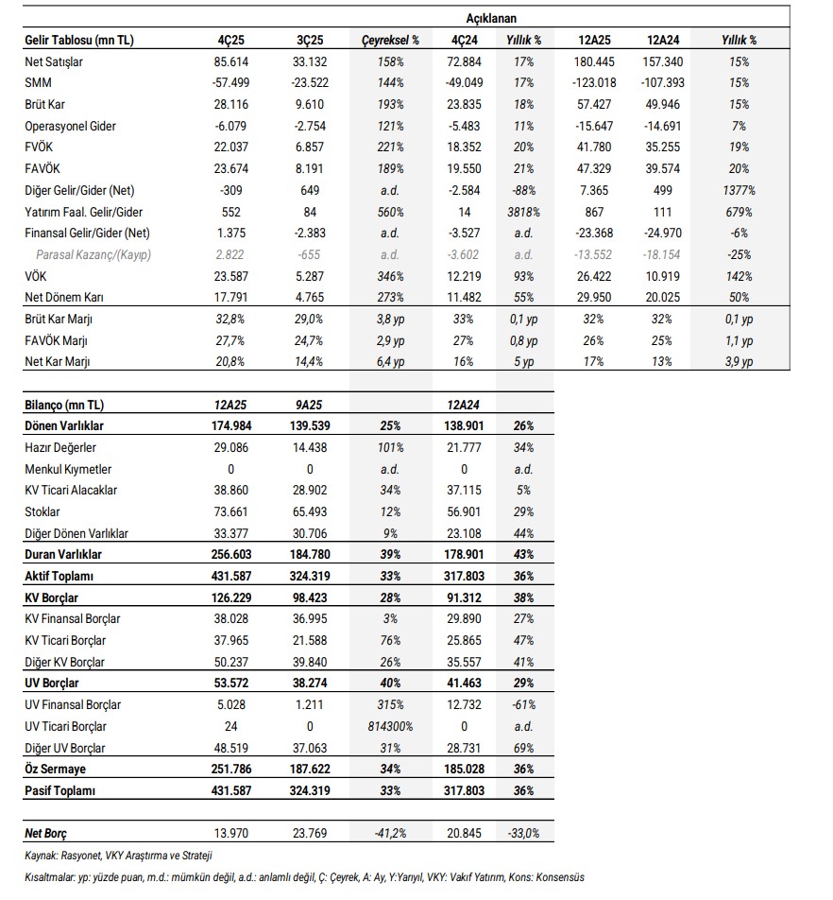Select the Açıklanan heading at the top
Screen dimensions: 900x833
coord(491,18)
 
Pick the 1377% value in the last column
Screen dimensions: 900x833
coord(739,189)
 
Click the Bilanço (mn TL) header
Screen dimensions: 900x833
coord(64,405)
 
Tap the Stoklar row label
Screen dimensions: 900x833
coord(42,511)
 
